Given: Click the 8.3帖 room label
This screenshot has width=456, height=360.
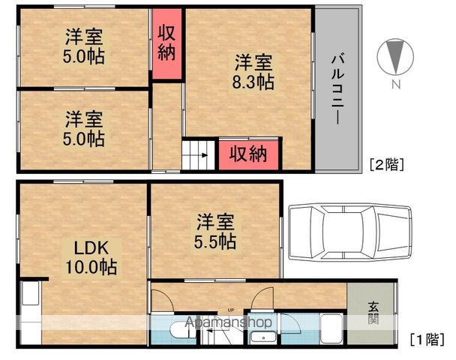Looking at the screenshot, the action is [x=253, y=72].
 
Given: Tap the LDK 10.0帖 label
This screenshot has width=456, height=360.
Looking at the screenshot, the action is [x=91, y=257].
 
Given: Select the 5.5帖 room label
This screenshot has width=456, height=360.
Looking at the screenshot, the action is [x=215, y=232].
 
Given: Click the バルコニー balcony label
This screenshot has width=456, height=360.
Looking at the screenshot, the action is [x=338, y=89].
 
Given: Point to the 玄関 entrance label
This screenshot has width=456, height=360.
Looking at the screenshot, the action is [x=373, y=313].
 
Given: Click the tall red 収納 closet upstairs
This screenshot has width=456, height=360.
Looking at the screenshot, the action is [x=166, y=44].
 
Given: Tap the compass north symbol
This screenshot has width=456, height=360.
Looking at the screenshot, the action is [x=395, y=57].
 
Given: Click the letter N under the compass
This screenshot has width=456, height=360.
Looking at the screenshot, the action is [x=396, y=84].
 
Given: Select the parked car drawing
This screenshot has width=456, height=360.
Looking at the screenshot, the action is [x=350, y=232].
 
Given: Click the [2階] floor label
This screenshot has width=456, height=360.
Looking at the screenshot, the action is [x=387, y=164].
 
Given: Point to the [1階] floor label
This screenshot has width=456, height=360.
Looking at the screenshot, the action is [x=427, y=339].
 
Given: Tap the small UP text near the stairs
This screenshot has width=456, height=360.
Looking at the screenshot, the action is [x=231, y=310].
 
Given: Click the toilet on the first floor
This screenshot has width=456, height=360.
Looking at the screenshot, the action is [x=184, y=330].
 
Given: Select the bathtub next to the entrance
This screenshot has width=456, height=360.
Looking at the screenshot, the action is [x=331, y=328].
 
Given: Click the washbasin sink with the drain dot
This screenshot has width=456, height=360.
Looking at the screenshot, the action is [x=263, y=338].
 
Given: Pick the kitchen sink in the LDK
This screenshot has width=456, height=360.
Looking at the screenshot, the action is [x=30, y=292].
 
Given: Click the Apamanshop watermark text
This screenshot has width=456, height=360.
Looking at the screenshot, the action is [x=229, y=322].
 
